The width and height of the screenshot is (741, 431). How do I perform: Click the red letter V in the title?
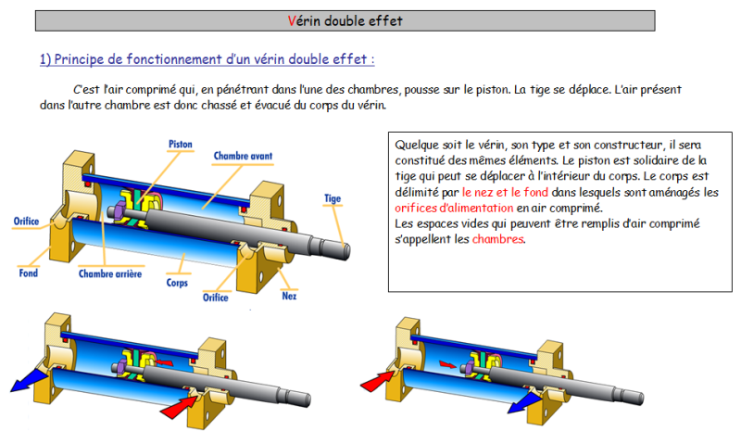(x=292, y=20)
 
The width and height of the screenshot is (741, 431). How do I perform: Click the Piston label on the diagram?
(x=181, y=144)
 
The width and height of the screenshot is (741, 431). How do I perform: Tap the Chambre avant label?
(x=243, y=156)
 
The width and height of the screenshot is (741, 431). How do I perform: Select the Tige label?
(x=333, y=198)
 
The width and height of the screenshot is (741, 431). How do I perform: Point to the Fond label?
(x=29, y=273)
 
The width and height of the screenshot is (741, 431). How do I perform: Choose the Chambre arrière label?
(x=110, y=273)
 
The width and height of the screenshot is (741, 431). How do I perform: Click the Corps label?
(x=177, y=283)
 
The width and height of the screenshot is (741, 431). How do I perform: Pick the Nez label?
(x=289, y=296)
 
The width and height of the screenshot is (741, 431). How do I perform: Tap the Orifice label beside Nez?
(x=216, y=298)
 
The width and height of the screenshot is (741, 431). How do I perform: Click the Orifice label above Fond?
(x=26, y=221)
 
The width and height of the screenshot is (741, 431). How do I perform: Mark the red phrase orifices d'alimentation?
(x=454, y=208)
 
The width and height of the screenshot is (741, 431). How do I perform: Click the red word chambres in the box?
(x=498, y=239)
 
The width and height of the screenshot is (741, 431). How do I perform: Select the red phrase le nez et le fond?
(x=505, y=192)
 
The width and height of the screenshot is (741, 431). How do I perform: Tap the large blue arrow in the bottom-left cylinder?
(x=29, y=380)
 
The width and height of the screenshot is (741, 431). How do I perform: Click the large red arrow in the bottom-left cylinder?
(x=179, y=407)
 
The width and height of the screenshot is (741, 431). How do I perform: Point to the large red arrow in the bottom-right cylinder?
(x=377, y=381)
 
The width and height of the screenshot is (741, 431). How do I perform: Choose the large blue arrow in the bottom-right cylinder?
(x=524, y=401)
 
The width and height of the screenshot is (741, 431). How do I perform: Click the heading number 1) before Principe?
(x=45, y=59)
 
